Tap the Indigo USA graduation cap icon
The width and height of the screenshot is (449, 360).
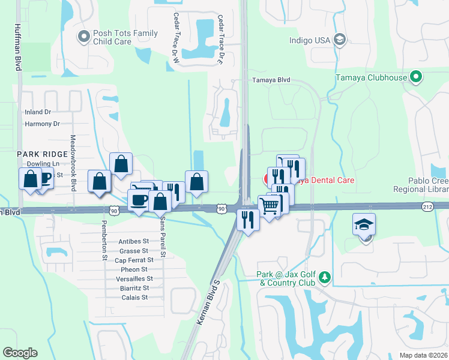point(339,40)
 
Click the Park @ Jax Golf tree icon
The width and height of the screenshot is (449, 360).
point(325,277)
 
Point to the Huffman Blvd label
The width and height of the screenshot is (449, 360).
point(17,47)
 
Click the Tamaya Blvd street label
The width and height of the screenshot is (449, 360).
point(271,80)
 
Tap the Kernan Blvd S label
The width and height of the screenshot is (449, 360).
point(209,304)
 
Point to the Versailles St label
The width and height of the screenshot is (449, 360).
point(136,279)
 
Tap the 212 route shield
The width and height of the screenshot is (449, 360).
point(427,206)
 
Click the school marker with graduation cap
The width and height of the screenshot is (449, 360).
point(364,225)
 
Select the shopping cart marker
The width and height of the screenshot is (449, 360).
point(270,206)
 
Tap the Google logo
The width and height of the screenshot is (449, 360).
point(20,353)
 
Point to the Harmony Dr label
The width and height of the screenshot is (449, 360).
point(43,124)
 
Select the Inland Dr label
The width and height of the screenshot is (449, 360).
point(38,112)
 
